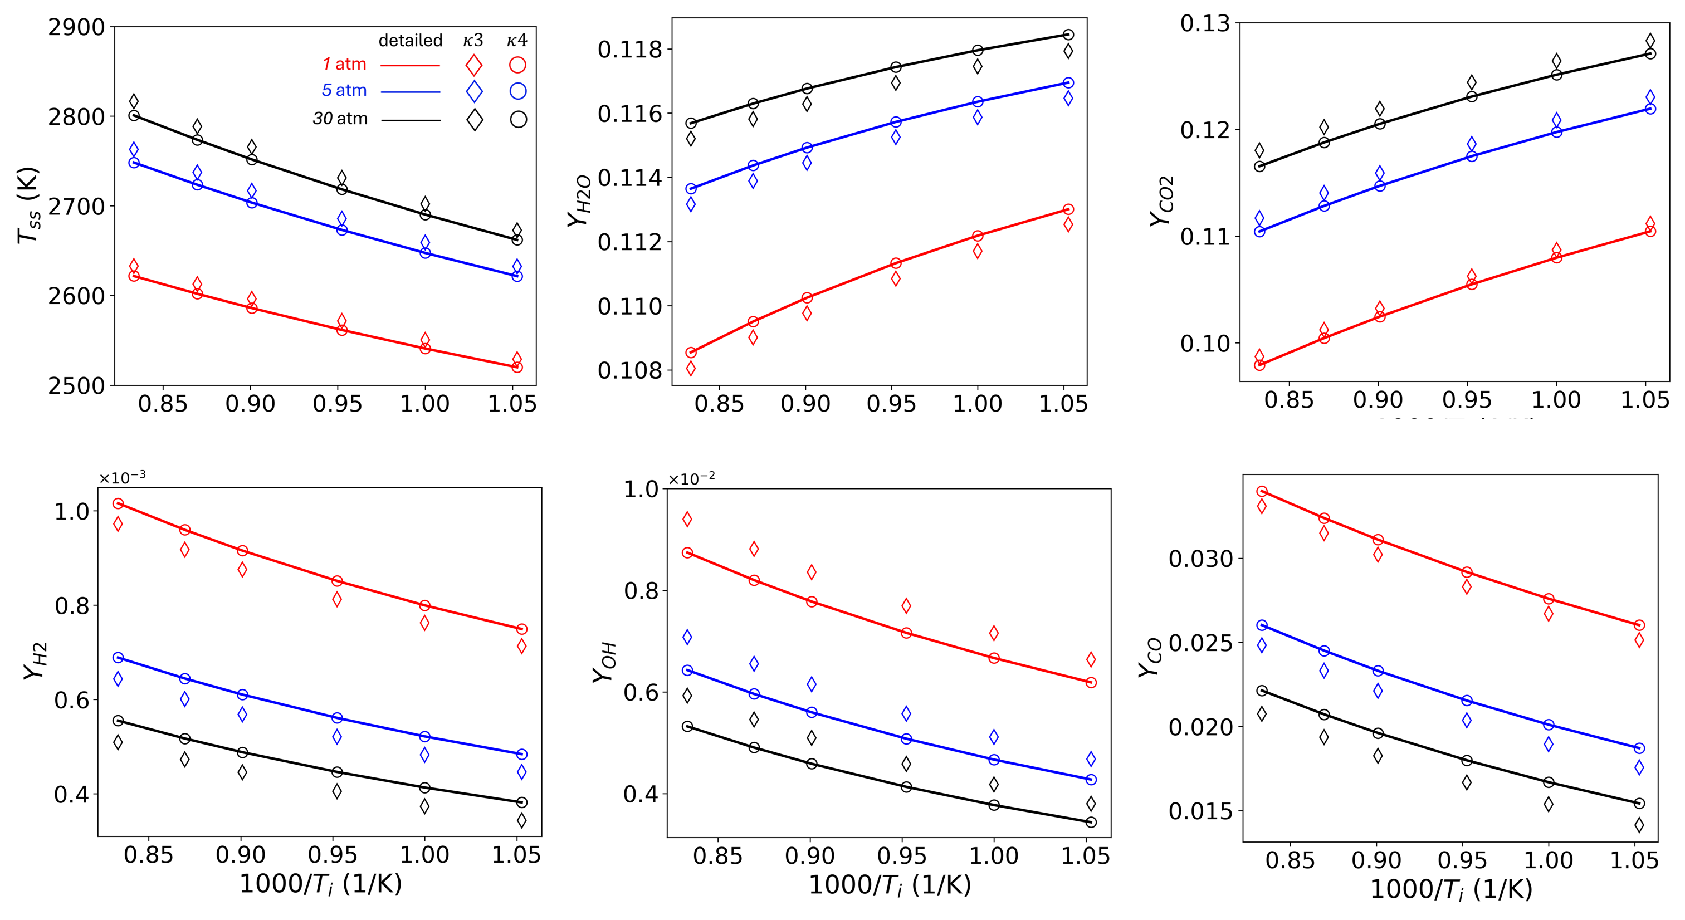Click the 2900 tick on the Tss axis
tap(76, 27)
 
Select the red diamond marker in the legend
tap(473, 65)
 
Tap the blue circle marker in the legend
tap(517, 91)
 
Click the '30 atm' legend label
tap(340, 119)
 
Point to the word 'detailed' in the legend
tap(410, 41)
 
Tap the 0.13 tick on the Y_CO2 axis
tap(1205, 23)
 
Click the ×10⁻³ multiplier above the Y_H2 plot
tap(123, 477)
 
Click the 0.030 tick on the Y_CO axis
tap(1200, 559)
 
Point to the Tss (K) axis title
tap(28, 205)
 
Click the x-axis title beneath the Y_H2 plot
tap(320, 884)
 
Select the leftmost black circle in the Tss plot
tap(134, 116)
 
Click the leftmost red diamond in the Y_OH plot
tap(687, 520)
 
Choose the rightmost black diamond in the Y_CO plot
tap(1639, 825)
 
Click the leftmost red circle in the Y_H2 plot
tap(118, 503)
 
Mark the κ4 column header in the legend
tap(517, 41)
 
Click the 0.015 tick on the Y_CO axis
tap(1200, 811)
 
